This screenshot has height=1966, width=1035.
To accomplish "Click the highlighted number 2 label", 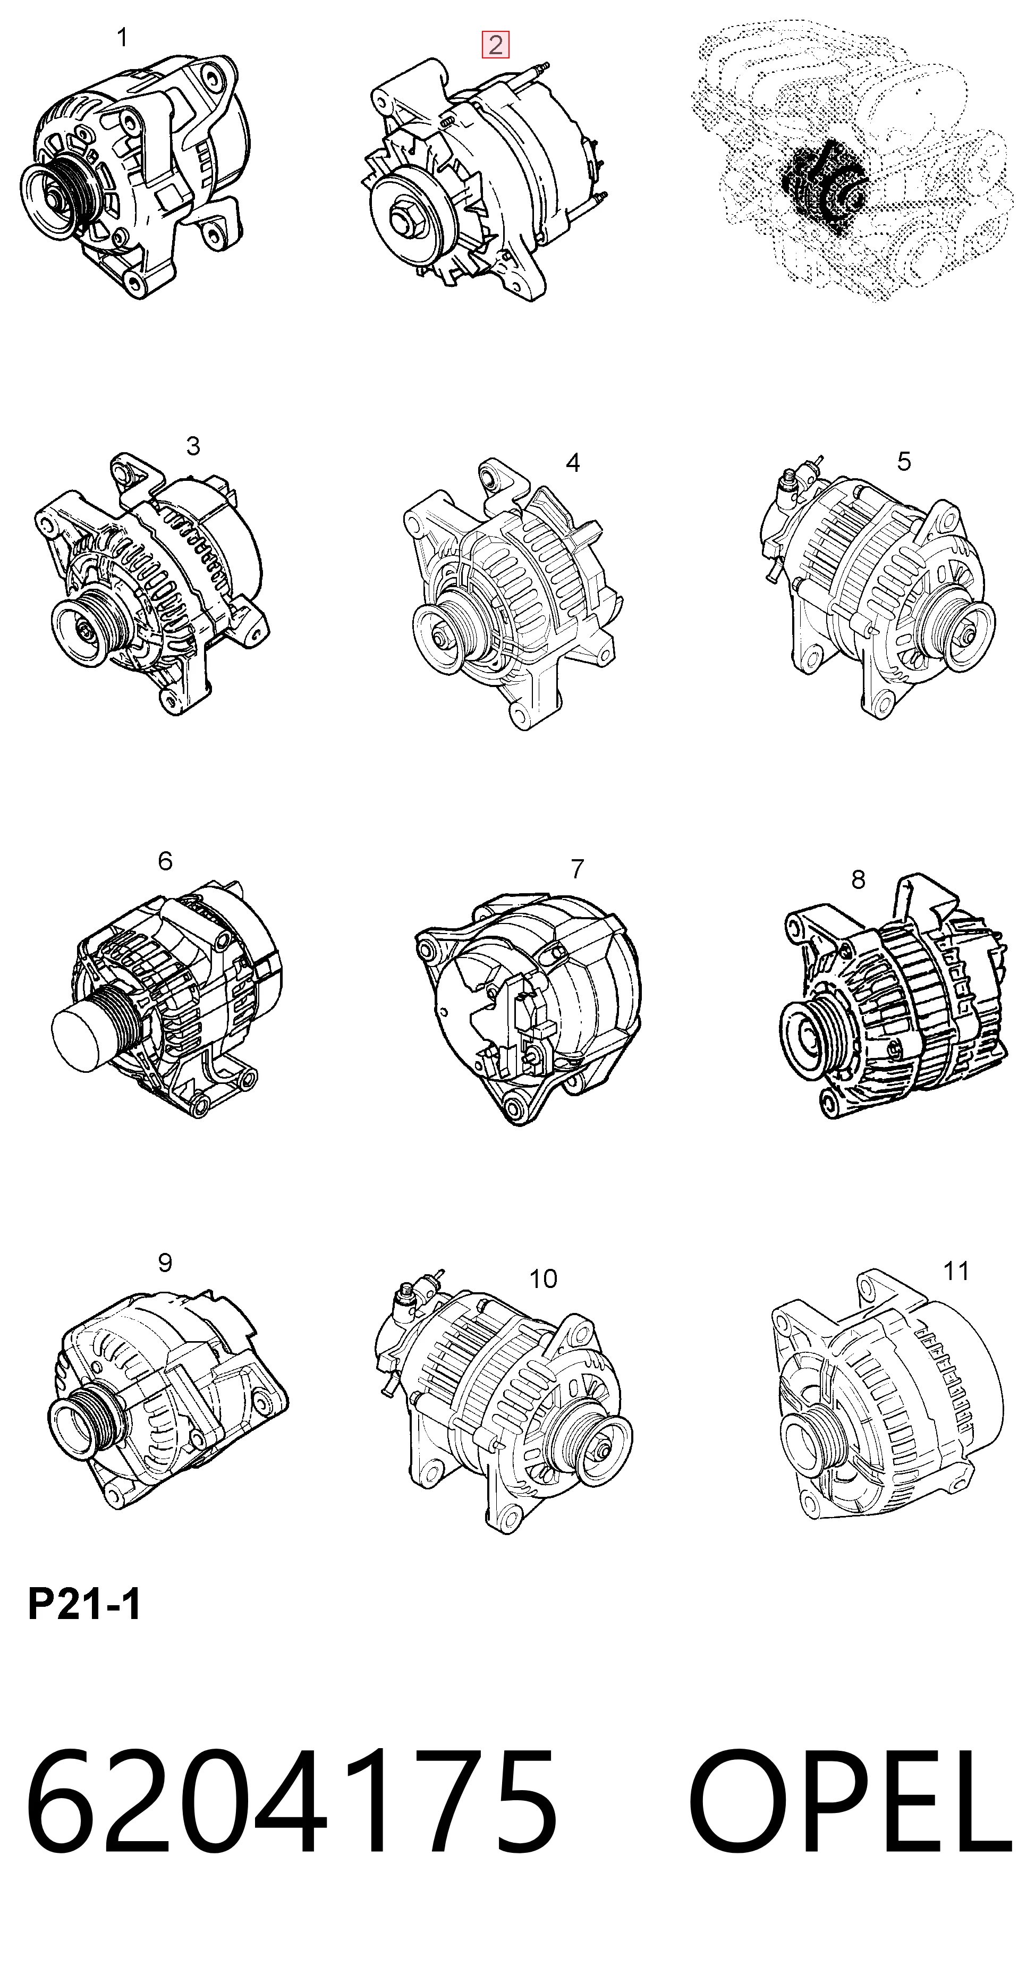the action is (495, 45).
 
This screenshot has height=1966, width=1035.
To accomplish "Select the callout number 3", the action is (193, 446).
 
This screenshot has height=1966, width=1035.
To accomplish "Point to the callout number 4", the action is (572, 462).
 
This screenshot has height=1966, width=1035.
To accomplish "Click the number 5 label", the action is (904, 461).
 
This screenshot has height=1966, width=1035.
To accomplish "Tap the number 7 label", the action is (577, 869).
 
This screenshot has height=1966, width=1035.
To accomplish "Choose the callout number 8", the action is (858, 879).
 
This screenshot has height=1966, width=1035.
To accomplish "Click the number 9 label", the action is (165, 1262).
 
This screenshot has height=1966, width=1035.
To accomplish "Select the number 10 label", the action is (542, 1278).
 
